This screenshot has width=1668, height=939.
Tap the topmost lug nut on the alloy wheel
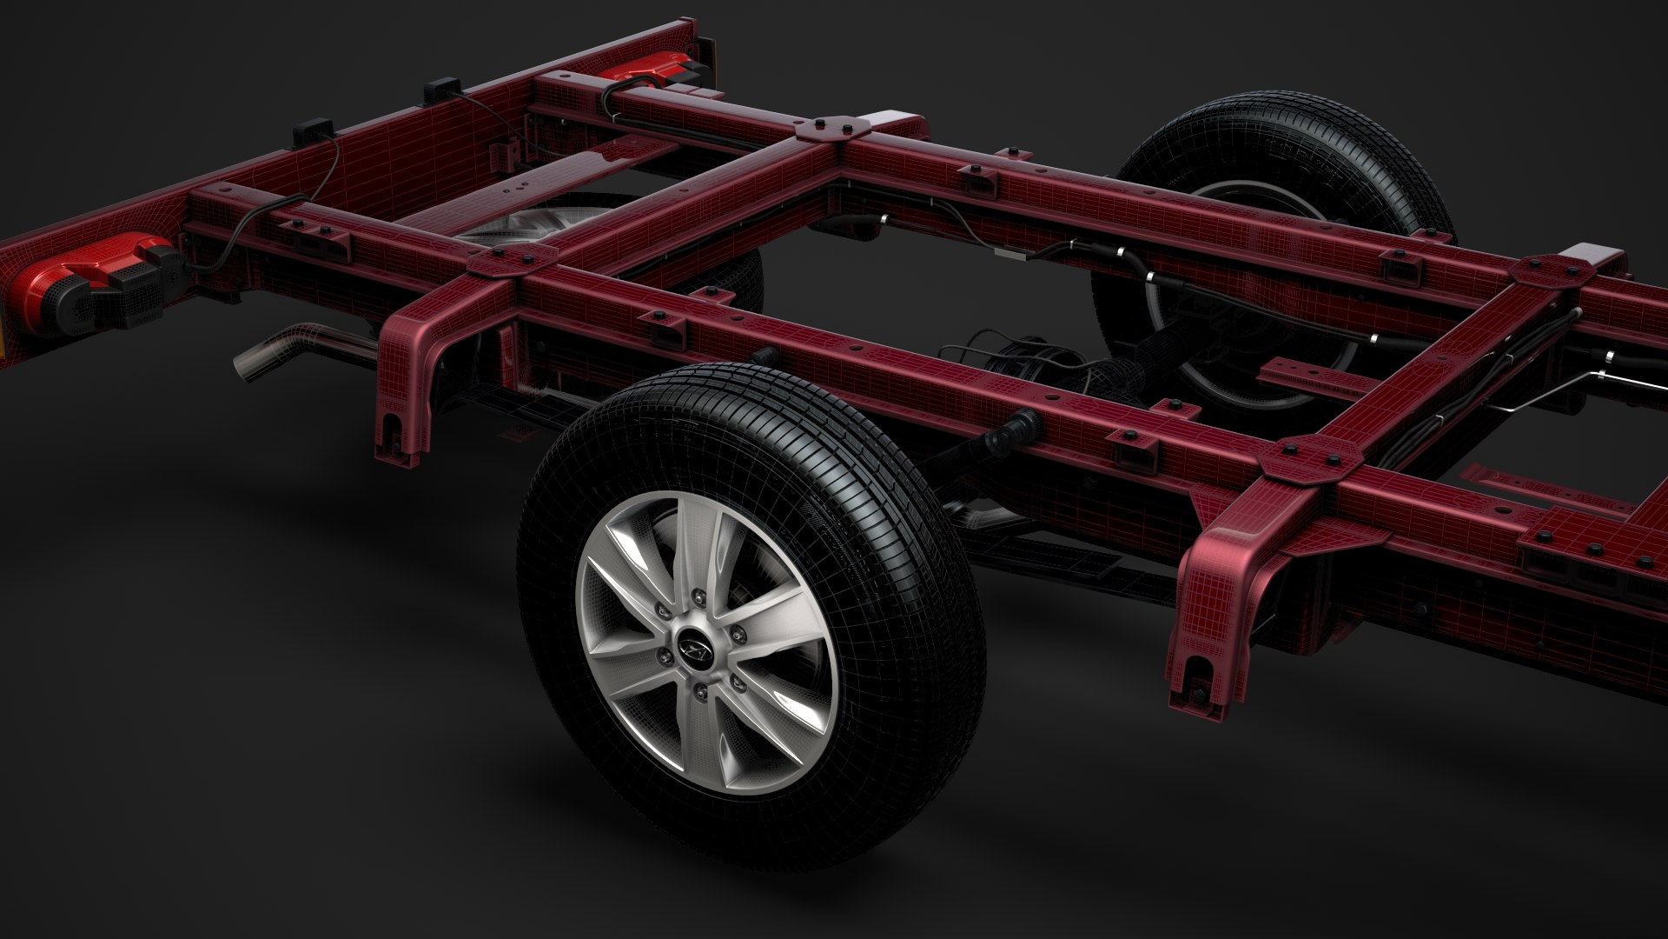pyautogui.click(x=699, y=596)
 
